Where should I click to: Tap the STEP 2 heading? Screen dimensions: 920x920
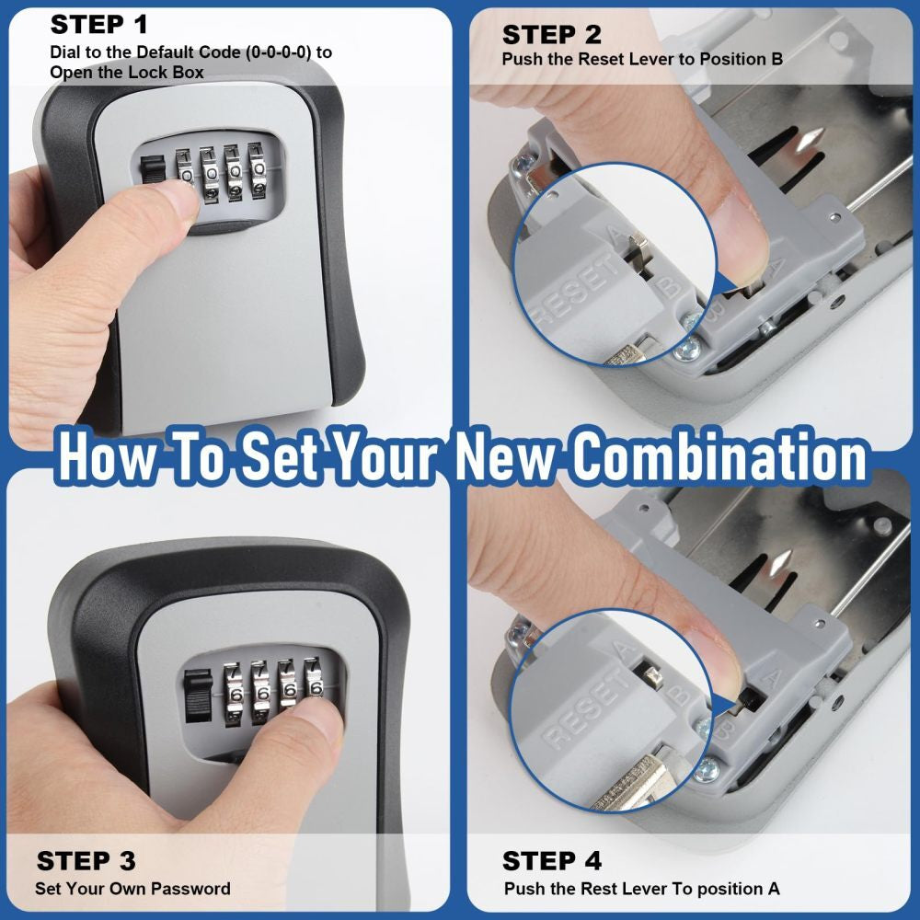click(551, 35)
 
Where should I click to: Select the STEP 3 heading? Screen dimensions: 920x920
click(86, 861)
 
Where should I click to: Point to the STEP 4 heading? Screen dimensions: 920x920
click(551, 861)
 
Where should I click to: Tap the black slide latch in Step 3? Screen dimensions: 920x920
click(196, 695)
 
